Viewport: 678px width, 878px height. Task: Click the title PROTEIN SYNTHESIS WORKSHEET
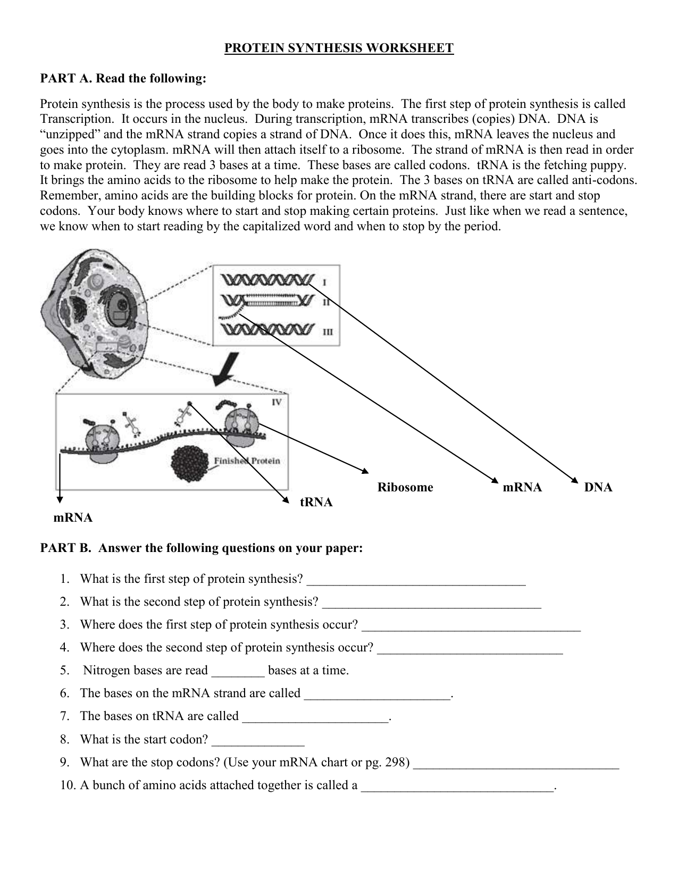point(339,48)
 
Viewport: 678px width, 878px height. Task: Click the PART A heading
point(123,79)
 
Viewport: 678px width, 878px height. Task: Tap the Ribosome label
point(405,487)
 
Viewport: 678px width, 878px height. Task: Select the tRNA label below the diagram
point(316,502)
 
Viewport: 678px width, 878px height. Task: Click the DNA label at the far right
point(598,487)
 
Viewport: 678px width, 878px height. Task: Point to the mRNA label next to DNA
point(522,487)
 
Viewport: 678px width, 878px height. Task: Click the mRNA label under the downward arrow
point(73,517)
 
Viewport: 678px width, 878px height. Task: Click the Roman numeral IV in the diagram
point(277,402)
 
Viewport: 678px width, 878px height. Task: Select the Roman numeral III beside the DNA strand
point(328,332)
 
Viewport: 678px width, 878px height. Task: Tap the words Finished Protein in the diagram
point(247,461)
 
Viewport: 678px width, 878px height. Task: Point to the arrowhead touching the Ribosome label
point(365,471)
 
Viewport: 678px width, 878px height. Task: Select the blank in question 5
point(238,675)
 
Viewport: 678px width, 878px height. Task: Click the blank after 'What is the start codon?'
point(258,744)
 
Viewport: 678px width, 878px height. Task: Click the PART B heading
point(202,548)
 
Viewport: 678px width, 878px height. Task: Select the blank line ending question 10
point(457,790)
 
